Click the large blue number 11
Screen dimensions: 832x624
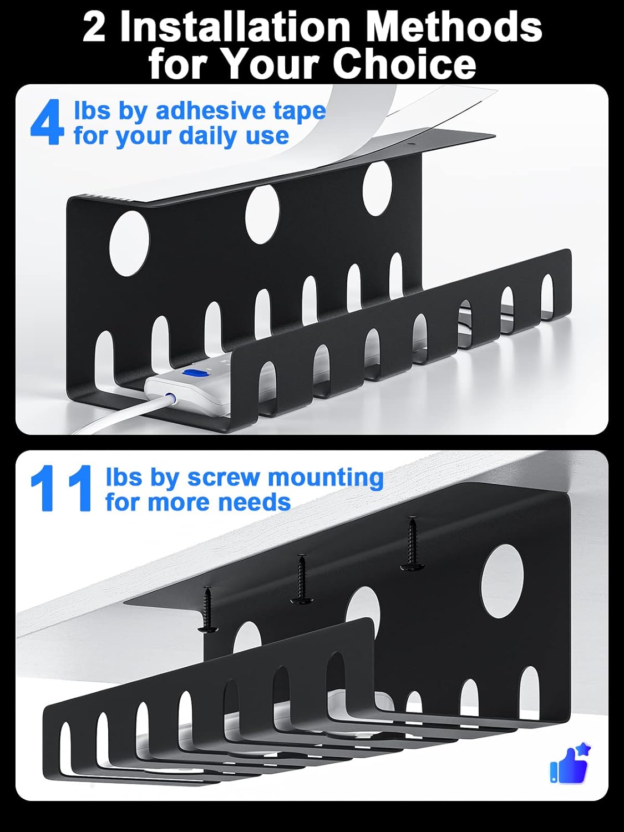point(61,489)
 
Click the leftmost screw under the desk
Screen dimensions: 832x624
point(209,610)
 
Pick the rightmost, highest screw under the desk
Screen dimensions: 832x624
point(412,544)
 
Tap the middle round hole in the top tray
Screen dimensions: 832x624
point(262,214)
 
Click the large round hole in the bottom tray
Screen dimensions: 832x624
point(502,581)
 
